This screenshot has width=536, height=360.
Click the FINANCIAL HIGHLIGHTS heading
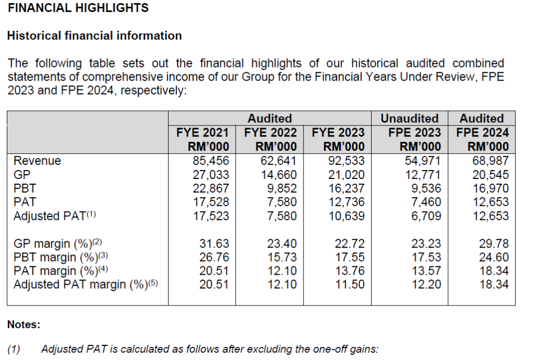click(x=79, y=7)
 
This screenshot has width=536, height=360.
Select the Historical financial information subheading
click(x=94, y=36)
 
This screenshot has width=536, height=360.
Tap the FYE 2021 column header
click(x=203, y=132)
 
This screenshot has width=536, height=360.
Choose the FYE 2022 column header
click(x=270, y=132)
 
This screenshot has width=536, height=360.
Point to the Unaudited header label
click(x=409, y=119)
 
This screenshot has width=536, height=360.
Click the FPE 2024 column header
click(x=482, y=132)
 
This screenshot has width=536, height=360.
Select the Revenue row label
click(x=37, y=161)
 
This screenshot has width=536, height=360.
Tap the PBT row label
click(x=25, y=188)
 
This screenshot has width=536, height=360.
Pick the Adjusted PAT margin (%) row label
click(x=86, y=284)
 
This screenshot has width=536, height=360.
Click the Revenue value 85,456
click(x=211, y=161)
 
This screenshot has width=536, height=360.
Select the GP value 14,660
click(x=278, y=175)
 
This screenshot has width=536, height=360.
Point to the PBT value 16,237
click(x=347, y=188)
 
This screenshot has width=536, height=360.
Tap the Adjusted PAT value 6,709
click(x=426, y=216)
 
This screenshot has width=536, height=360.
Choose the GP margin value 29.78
click(x=494, y=243)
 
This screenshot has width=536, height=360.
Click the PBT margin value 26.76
click(x=214, y=257)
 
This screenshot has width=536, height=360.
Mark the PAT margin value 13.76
click(x=350, y=271)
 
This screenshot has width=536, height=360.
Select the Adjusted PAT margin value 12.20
click(x=426, y=284)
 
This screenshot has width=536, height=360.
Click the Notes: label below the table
click(x=24, y=324)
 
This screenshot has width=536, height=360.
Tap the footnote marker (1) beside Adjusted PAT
click(x=91, y=214)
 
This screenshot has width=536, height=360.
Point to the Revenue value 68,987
click(x=490, y=161)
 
